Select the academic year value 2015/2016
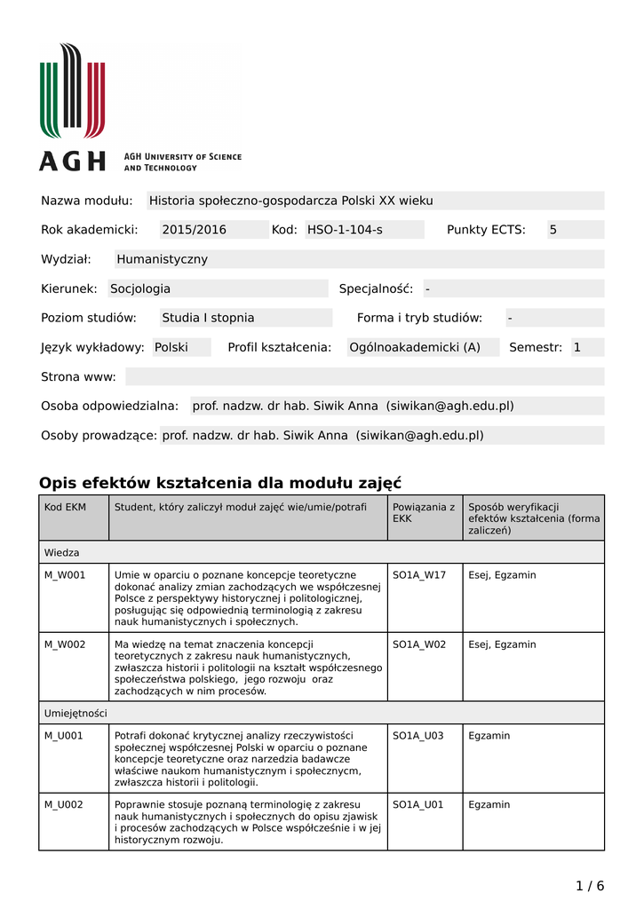[x=194, y=230]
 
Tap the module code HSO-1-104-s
[x=345, y=230]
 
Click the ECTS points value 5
[x=553, y=230]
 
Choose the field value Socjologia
[x=140, y=289]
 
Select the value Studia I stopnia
[x=208, y=318]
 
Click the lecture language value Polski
[x=171, y=347]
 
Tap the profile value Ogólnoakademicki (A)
[x=414, y=347]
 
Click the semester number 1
[x=576, y=347]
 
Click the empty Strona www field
[x=364, y=376]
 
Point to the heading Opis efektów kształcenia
[x=220, y=483]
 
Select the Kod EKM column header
[x=65, y=507]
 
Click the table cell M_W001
[x=65, y=575]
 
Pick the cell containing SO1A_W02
[x=419, y=644]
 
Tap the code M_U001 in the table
[x=64, y=736]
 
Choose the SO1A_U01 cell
[x=418, y=804]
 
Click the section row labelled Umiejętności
[x=76, y=713]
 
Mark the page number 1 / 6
[x=590, y=885]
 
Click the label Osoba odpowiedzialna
[x=110, y=406]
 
